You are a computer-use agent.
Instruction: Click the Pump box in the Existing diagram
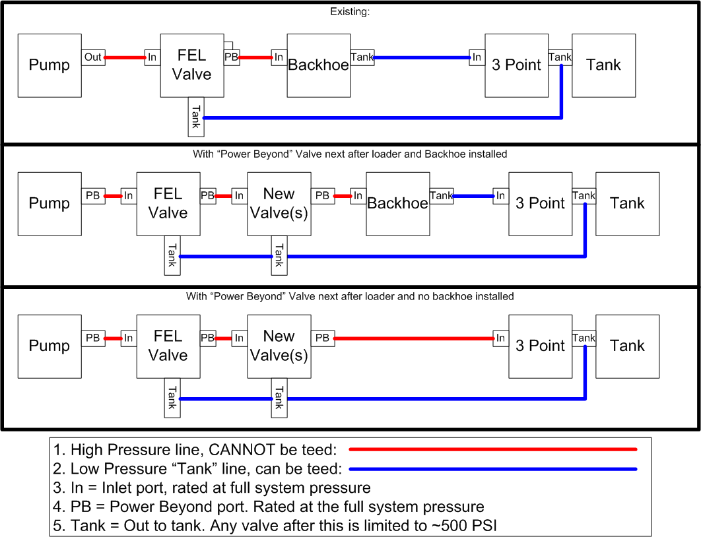tap(50, 65)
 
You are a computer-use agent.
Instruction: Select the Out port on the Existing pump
tap(93, 57)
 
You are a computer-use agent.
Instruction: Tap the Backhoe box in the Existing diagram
tap(319, 65)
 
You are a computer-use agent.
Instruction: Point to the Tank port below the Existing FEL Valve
tap(196, 116)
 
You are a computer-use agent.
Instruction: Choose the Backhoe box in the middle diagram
tap(397, 203)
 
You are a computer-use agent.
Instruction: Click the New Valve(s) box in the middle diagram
tap(279, 203)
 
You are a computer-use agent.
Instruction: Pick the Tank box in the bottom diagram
tap(627, 346)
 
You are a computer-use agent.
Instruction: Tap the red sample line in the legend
tap(492, 449)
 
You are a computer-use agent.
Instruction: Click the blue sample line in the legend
tap(492, 469)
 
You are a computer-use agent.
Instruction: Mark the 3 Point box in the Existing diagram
tap(516, 65)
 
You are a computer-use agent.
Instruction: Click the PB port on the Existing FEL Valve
tap(231, 57)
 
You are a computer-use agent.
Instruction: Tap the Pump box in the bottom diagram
tap(50, 346)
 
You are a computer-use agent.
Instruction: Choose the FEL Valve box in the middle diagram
tap(168, 203)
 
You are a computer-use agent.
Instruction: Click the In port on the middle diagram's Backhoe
tap(358, 196)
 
